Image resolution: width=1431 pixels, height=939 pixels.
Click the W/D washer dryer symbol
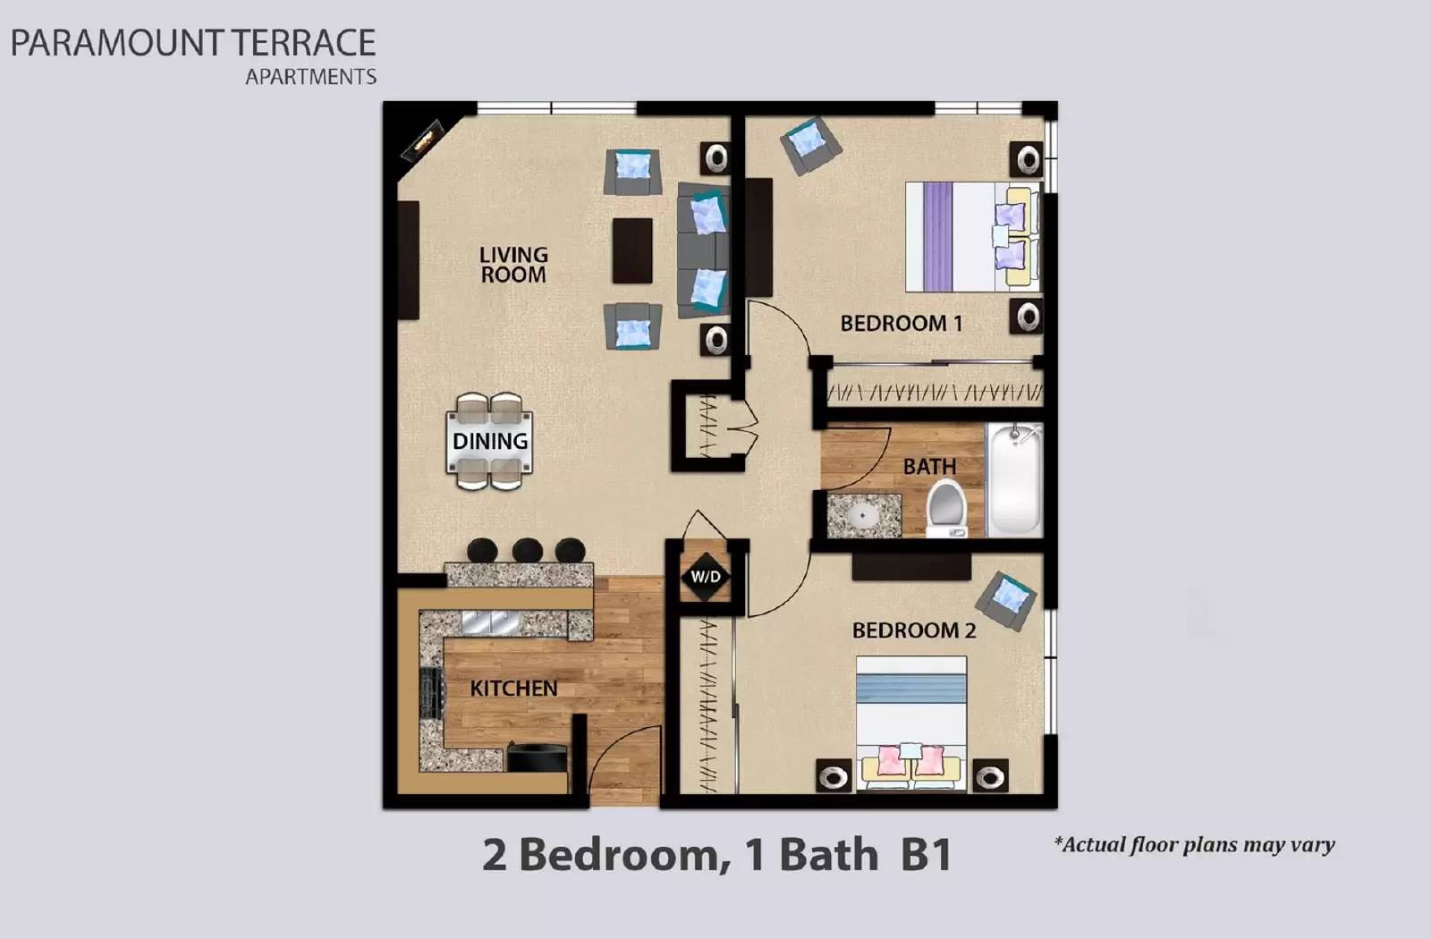[x=706, y=577]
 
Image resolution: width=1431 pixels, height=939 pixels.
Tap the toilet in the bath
[x=946, y=506]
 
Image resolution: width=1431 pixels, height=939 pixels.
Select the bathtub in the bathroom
[x=1014, y=480]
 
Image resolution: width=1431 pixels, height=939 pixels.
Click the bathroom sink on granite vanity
[x=863, y=515]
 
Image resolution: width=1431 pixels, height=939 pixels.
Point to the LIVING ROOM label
[x=513, y=266]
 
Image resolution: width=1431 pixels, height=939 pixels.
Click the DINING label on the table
[x=489, y=441]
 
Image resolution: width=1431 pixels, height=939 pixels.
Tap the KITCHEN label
[x=513, y=689]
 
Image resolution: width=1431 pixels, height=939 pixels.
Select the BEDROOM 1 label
[x=901, y=324]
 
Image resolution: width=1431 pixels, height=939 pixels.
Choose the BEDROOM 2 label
[x=913, y=630]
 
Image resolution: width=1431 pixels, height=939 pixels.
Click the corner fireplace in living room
[x=423, y=140]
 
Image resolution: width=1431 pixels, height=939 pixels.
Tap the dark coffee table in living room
[x=632, y=250]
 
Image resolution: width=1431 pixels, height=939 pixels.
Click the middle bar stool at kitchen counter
[x=527, y=549]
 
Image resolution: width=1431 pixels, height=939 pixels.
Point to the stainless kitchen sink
[x=491, y=622]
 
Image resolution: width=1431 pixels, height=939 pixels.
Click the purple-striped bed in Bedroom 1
[x=970, y=237]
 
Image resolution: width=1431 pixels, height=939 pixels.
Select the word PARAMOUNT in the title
[x=116, y=43]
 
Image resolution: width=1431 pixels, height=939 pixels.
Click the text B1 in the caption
[x=925, y=855]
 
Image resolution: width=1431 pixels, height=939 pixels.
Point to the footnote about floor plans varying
[x=1194, y=844]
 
